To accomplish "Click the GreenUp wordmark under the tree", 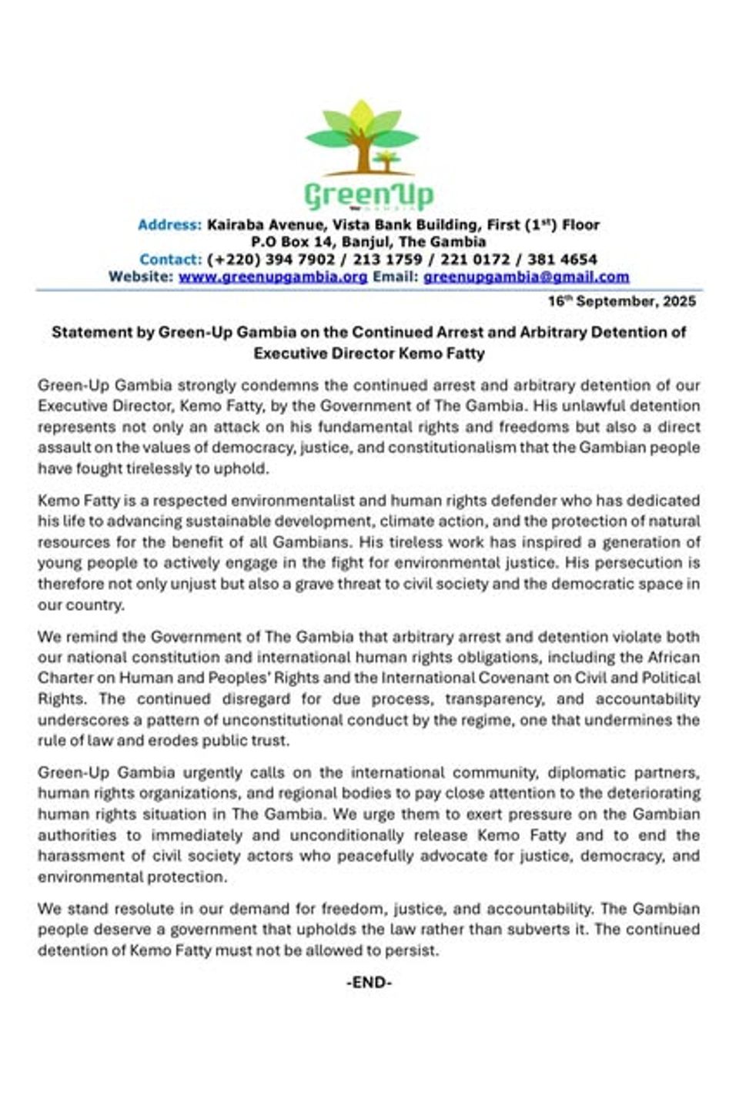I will (369, 195).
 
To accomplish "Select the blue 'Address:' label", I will (169, 225).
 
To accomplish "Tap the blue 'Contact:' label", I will (170, 260).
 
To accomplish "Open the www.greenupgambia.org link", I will (273, 276).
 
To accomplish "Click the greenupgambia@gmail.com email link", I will (527, 276).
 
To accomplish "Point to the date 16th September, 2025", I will (621, 301).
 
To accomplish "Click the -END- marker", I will (369, 983).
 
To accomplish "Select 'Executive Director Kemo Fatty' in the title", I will (369, 353).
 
